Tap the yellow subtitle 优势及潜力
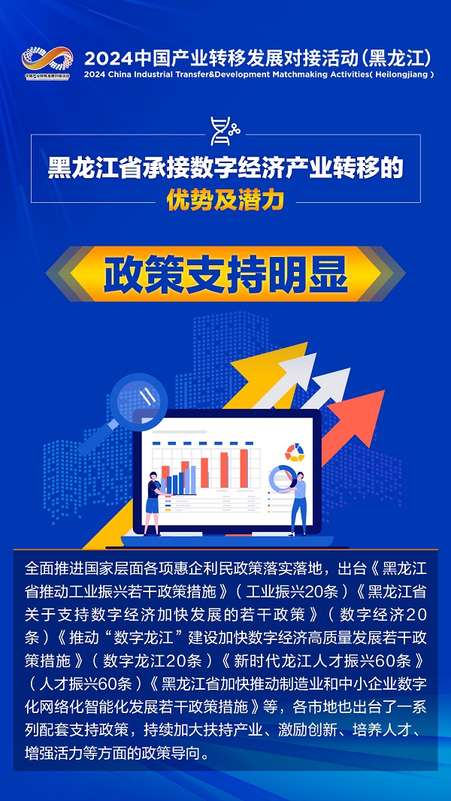(225, 201)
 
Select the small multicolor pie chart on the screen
(295, 452)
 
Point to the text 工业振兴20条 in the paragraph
(292, 591)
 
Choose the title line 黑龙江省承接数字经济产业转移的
(225, 168)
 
